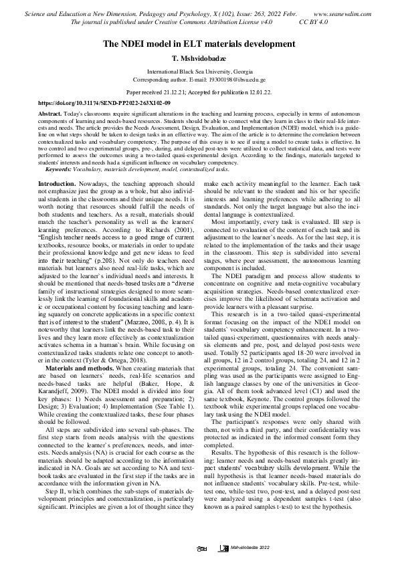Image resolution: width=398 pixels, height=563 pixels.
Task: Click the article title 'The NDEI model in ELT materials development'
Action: [x=198, y=43]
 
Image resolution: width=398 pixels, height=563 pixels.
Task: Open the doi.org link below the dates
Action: [x=104, y=104]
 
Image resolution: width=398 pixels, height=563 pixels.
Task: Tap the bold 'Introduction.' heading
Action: [x=58, y=183]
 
